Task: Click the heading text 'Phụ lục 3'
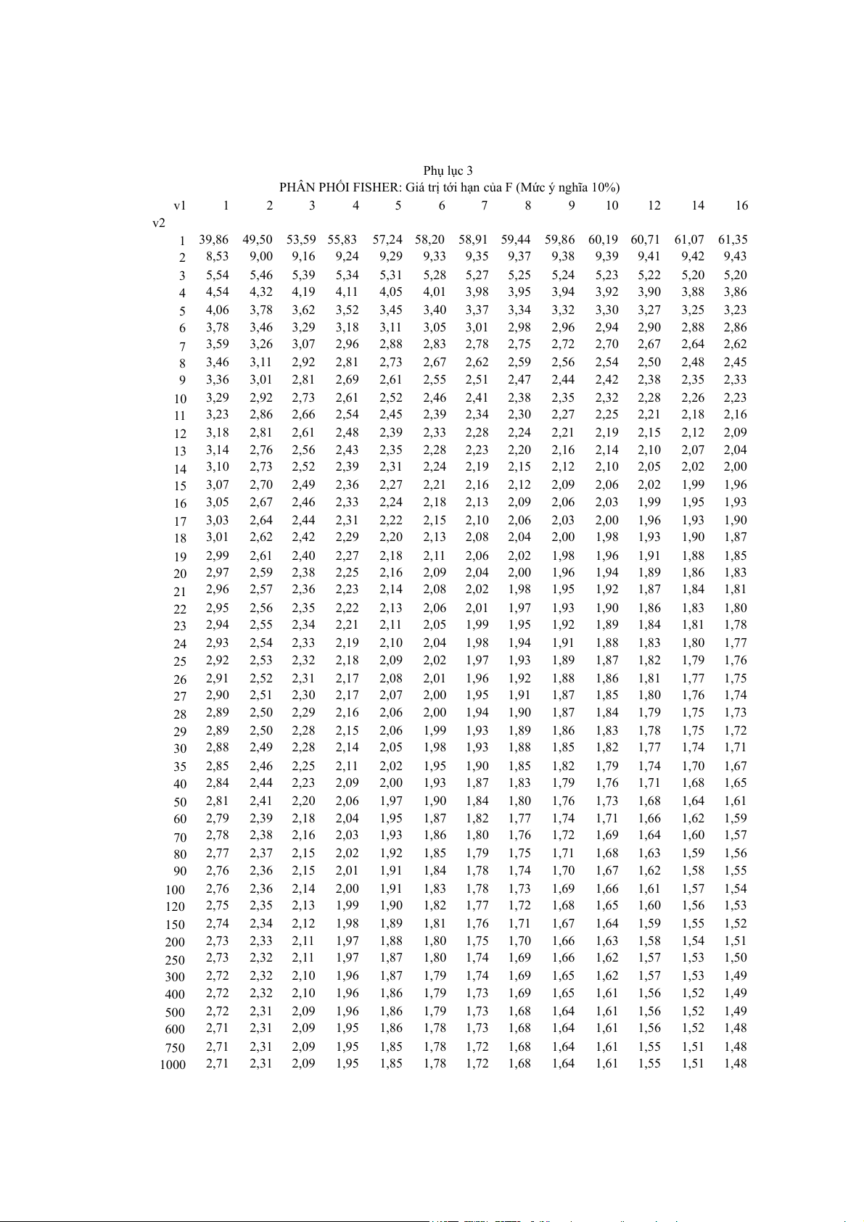(x=448, y=171)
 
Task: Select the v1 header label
(x=180, y=206)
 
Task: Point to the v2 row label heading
(x=158, y=223)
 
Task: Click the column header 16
(x=741, y=206)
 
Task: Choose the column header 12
(x=654, y=206)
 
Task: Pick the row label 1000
(x=173, y=1065)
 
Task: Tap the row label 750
(x=176, y=1048)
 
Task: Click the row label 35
(x=180, y=767)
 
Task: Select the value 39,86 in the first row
(x=214, y=239)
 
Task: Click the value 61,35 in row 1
(x=733, y=239)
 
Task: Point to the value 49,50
(x=258, y=239)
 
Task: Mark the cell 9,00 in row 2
(x=261, y=257)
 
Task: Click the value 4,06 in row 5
(x=217, y=310)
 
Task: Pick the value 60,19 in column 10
(x=604, y=239)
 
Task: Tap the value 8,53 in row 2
(x=217, y=257)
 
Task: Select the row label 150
(x=176, y=925)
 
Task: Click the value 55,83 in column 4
(x=343, y=239)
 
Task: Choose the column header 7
(x=485, y=206)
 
